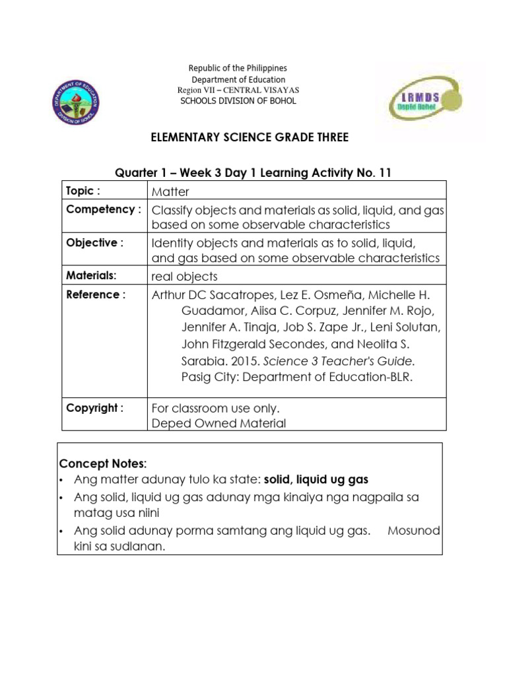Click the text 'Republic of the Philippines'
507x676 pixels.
(238, 68)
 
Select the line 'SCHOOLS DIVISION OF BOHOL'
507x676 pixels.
(238, 101)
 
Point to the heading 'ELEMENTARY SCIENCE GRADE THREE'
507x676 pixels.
(250, 137)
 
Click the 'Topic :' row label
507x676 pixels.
(83, 191)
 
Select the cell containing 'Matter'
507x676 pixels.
(170, 192)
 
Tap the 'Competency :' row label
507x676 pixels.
(104, 209)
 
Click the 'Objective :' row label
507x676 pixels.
(94, 242)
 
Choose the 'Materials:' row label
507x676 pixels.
(91, 275)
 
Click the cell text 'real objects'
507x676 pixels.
(184, 276)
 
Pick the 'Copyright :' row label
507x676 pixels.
(94, 407)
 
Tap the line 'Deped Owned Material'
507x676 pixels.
(219, 424)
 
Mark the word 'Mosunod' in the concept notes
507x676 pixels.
(414, 531)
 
